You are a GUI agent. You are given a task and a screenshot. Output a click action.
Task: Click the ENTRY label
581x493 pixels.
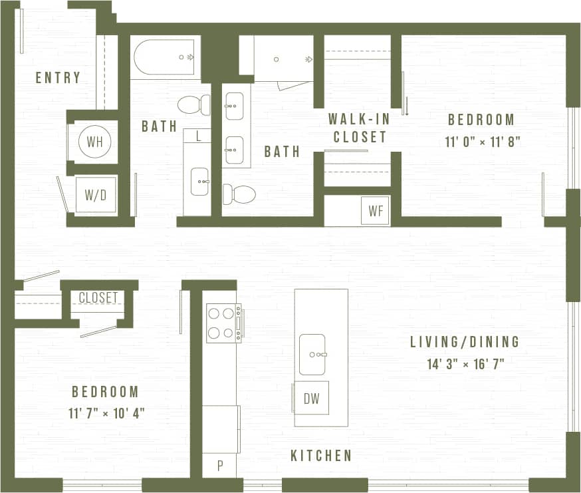58,78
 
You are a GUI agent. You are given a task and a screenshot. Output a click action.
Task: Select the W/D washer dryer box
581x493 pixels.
95,195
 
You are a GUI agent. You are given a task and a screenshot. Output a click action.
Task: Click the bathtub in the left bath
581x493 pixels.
164,58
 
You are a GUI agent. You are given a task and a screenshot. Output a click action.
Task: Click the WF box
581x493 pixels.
374,211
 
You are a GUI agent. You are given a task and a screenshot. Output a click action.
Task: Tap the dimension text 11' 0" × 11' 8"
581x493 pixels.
481,142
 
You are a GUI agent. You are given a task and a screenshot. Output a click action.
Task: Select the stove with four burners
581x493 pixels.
223,323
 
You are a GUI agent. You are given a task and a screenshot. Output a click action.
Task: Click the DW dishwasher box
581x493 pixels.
312,399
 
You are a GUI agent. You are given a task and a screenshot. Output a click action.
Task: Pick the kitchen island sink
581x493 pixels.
312,355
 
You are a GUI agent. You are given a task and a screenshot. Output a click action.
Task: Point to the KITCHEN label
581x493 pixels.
321,456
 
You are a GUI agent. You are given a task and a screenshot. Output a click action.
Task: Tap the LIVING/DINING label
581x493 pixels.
464,342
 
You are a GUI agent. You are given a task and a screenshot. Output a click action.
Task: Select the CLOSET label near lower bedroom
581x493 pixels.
98,298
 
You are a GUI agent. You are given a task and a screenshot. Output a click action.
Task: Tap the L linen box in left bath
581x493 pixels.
198,136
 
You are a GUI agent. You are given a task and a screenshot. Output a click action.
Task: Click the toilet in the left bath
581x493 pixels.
193,104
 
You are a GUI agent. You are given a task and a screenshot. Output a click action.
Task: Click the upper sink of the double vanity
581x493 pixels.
234,106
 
